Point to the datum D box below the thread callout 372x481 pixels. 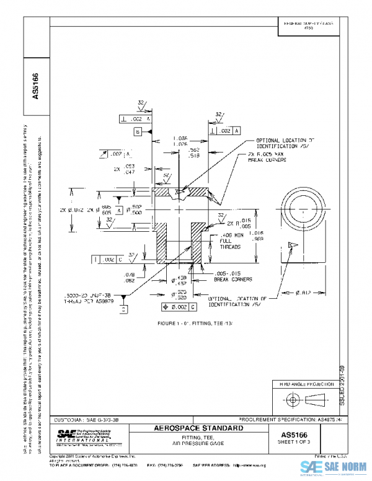coord(123,308)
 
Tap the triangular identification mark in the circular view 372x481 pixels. coord(291,246)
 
